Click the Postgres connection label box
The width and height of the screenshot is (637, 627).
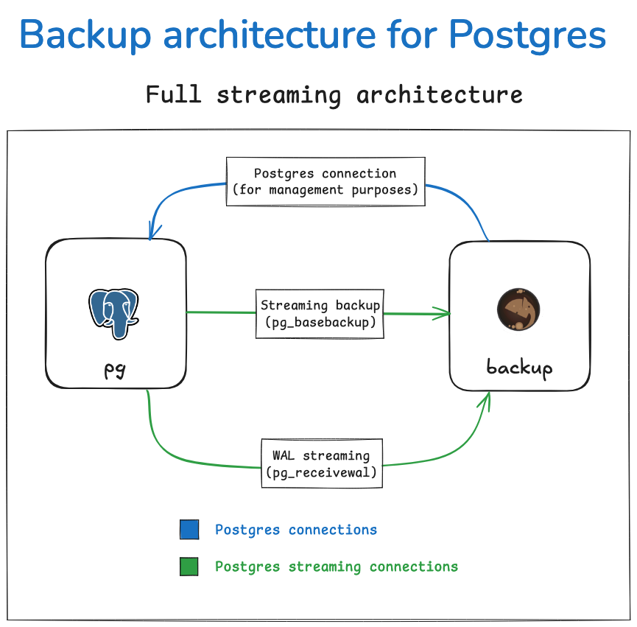pos(325,181)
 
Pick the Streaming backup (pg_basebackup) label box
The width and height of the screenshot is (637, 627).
pos(320,314)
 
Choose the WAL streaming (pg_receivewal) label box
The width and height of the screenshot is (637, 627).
pos(321,463)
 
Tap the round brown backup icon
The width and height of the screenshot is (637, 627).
pos(518,310)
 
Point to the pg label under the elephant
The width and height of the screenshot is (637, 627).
pos(115,368)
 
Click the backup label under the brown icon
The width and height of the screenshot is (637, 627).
pos(519,367)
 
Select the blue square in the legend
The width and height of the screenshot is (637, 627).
pos(189,530)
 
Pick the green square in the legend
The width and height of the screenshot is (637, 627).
pos(189,567)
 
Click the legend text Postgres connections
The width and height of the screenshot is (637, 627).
pos(296,530)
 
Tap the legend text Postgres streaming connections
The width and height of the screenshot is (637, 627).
pos(337,567)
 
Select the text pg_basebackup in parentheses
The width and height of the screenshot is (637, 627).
pos(320,323)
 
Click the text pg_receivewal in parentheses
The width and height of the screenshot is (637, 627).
pos(321,472)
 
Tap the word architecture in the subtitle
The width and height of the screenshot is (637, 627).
pos(440,95)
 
